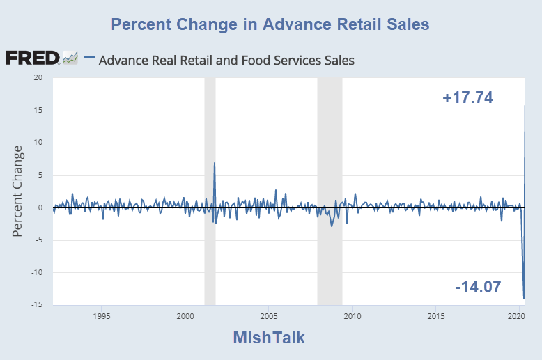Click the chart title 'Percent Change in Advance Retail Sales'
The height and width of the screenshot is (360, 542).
point(270,24)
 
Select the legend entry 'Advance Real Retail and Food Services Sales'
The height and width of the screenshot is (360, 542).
point(226,61)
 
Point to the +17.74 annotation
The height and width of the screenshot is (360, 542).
point(468,98)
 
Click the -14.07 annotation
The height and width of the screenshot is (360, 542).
point(478,286)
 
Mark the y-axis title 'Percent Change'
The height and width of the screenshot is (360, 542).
point(18,190)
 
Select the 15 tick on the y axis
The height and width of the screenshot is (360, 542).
point(40,110)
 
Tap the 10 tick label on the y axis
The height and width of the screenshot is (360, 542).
point(40,143)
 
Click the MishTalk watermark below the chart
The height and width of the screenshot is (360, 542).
point(269,338)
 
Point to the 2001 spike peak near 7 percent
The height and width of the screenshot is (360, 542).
point(215,163)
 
